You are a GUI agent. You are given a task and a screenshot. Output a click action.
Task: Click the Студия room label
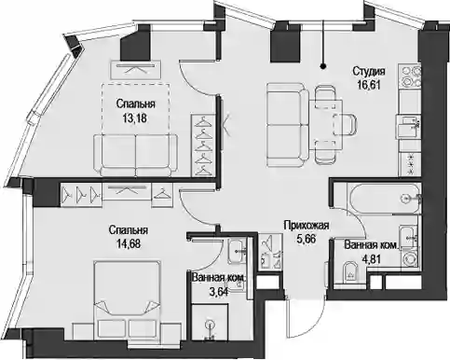point(369,72)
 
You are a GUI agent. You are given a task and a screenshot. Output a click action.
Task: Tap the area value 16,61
point(369,85)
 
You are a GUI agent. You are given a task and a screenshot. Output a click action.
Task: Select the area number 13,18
point(135,118)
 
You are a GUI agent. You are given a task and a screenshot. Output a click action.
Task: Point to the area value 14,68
point(129,243)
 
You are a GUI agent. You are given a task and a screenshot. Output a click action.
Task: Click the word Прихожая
point(307,226)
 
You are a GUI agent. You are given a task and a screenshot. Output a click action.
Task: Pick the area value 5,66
point(307,239)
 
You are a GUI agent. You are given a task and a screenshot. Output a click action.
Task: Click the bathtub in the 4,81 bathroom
point(384,199)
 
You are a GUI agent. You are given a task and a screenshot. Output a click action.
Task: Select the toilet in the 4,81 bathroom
point(349,273)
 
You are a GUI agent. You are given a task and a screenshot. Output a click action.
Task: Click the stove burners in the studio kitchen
point(410,76)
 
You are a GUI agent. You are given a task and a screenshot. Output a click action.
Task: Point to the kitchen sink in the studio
point(408,127)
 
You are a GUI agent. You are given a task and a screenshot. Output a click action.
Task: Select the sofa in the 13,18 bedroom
point(136,155)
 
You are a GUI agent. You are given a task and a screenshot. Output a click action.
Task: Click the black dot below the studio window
point(323,66)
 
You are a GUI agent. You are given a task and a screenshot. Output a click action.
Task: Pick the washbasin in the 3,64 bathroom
point(238,251)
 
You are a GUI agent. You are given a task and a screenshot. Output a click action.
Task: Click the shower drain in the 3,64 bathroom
point(211,325)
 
